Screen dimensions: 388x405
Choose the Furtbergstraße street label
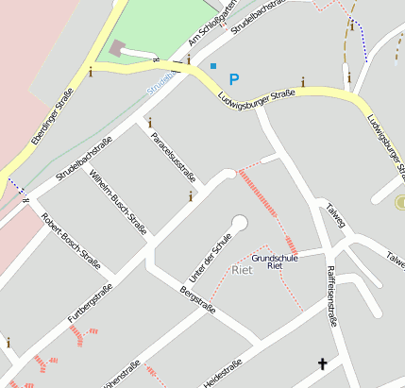pos(90,300)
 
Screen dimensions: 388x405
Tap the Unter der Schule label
pos(211,257)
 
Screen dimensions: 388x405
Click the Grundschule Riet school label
pos(275,261)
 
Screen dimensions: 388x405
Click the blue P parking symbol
pos(234,79)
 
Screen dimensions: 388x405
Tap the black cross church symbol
pos(322,364)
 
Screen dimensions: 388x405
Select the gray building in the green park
pos(117,47)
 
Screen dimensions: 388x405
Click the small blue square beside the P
pos(213,65)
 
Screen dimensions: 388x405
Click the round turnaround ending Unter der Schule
pos(239,223)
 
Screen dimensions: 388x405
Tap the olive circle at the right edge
pos(400,202)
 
